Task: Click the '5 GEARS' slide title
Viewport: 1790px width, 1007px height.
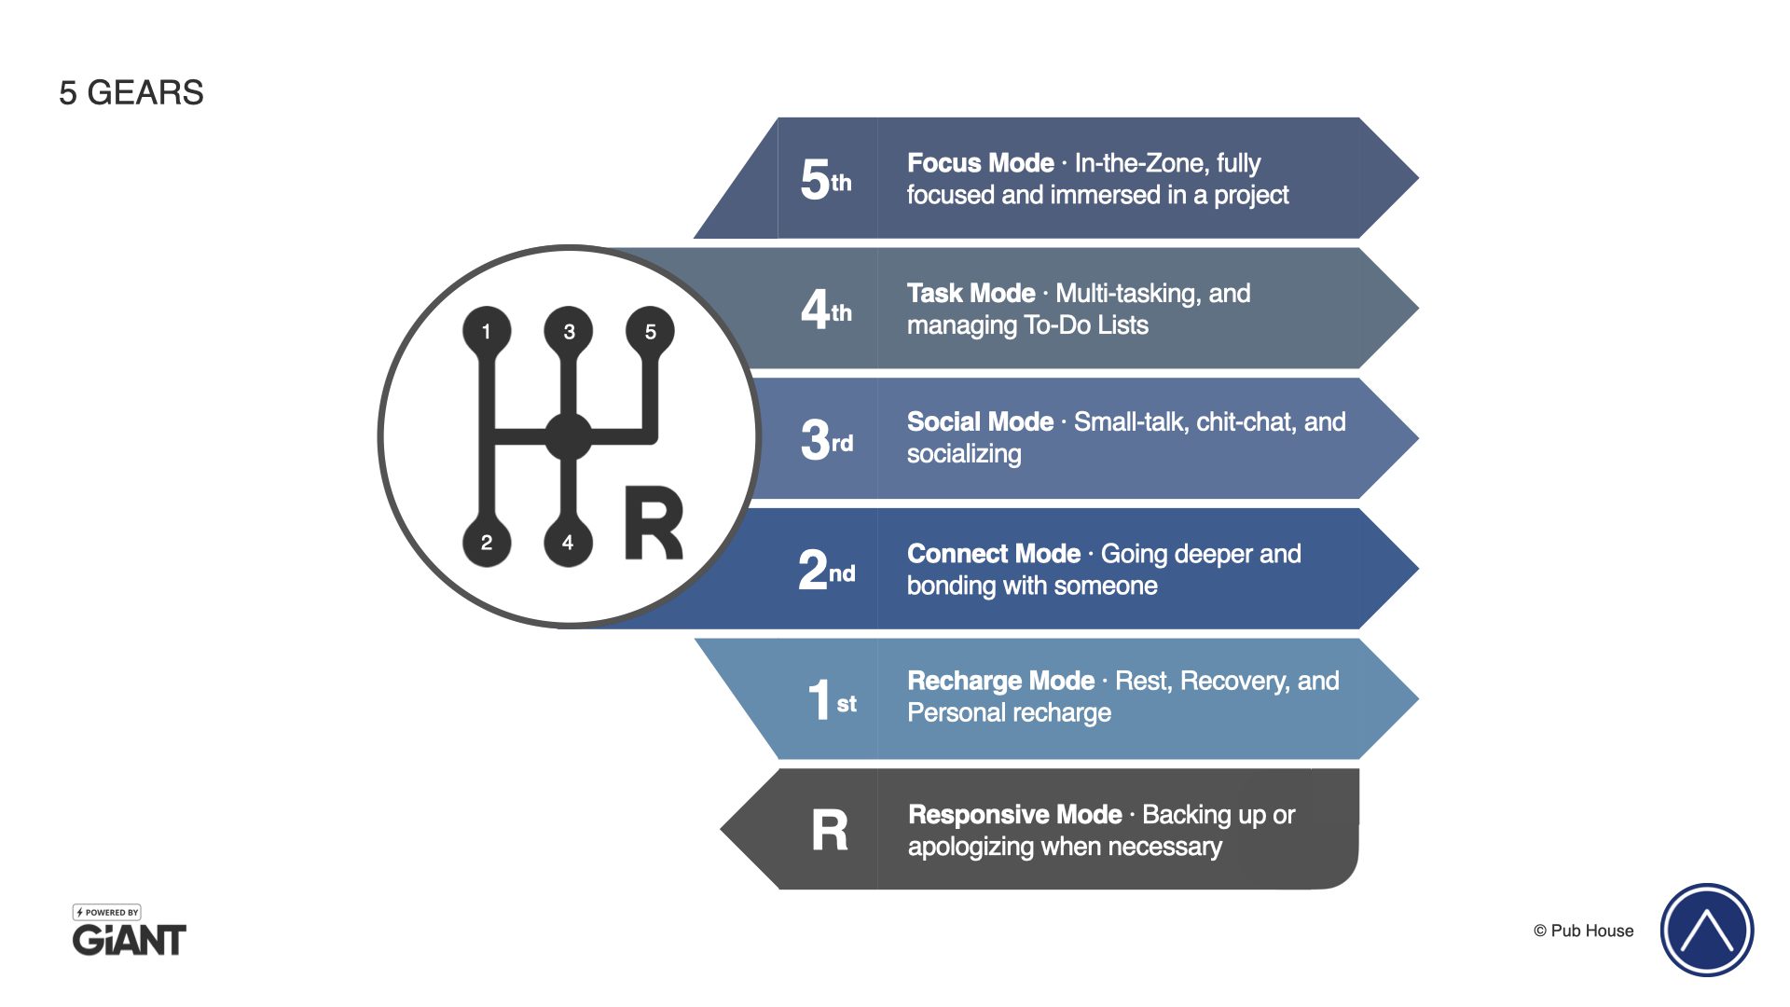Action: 131,93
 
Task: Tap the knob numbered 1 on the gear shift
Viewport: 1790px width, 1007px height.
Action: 486,331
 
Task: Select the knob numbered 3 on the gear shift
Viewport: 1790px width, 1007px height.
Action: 569,331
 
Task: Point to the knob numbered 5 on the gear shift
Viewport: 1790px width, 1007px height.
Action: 651,331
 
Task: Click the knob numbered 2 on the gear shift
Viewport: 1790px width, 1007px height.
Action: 486,543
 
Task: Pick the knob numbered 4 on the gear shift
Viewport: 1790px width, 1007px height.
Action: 568,543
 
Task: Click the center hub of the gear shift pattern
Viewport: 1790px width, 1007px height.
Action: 568,436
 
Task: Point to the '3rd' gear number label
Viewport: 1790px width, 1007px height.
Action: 826,439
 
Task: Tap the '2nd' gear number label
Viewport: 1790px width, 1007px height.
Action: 826,570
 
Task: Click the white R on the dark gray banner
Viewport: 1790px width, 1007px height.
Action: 830,830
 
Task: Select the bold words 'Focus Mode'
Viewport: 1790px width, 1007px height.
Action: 980,163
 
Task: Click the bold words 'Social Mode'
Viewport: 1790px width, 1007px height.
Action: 980,422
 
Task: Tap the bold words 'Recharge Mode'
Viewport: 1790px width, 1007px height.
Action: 1000,682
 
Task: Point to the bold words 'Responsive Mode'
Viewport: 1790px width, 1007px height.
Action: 1014,815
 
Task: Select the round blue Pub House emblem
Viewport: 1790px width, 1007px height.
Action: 1706,930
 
